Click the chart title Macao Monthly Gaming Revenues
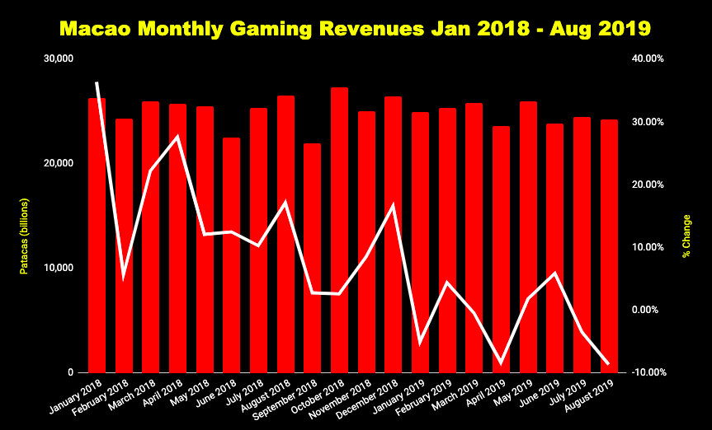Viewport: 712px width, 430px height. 356,29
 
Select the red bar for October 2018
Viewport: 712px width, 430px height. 339,231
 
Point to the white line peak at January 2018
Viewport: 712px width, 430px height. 97,83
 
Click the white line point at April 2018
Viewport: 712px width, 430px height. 178,136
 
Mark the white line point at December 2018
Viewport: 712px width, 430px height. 393,205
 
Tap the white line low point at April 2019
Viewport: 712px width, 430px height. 501,362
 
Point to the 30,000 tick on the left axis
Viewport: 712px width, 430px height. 59,58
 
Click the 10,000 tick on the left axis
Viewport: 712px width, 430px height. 59,268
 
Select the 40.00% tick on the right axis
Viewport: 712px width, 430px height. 647,58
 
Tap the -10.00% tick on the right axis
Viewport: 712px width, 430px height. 647,372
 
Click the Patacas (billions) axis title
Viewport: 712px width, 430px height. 25,236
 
